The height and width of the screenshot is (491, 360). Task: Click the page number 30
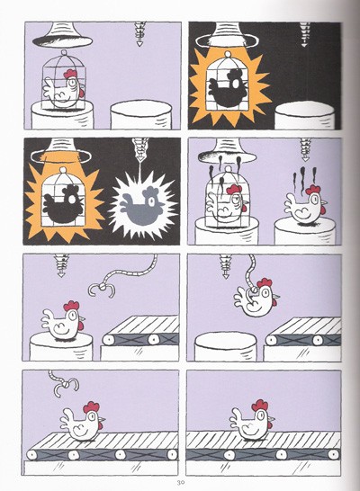(x=180, y=482)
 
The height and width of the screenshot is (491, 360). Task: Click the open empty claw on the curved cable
(x=102, y=290)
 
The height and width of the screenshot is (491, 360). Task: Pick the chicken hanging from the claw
(x=256, y=298)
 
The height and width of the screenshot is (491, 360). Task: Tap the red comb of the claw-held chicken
(x=264, y=283)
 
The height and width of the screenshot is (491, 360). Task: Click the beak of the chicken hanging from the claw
(x=276, y=295)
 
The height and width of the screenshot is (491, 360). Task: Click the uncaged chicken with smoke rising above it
(x=305, y=204)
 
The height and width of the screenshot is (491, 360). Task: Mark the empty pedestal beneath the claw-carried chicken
(x=226, y=346)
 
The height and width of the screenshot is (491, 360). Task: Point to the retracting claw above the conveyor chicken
(x=64, y=384)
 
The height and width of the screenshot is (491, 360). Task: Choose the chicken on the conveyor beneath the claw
(x=82, y=421)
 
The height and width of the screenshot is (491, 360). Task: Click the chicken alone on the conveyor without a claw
(x=252, y=420)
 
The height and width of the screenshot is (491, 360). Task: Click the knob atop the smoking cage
(x=229, y=170)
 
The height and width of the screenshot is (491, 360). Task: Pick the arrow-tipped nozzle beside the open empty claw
(x=61, y=265)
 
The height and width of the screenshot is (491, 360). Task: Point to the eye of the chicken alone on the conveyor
(x=263, y=416)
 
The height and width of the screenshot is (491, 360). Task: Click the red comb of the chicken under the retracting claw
(x=91, y=406)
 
